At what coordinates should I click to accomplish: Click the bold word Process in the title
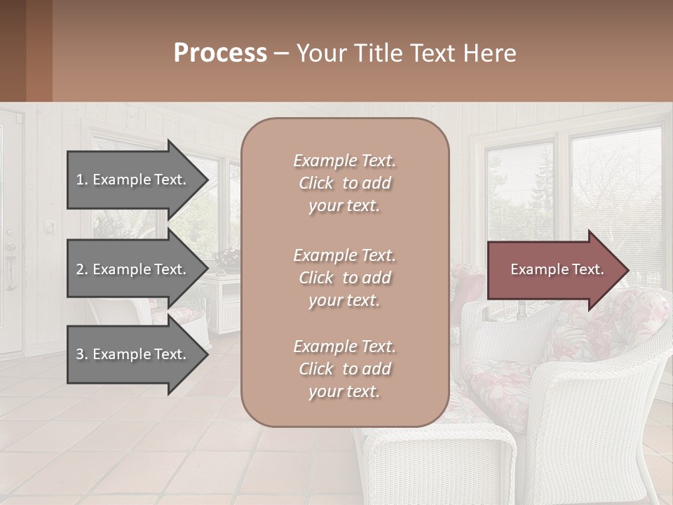(x=220, y=53)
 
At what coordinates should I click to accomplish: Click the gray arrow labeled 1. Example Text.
(x=133, y=180)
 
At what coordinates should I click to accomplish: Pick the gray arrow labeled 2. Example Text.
(x=133, y=269)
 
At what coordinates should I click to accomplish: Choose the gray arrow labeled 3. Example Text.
(x=133, y=354)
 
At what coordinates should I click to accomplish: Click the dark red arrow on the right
(x=554, y=270)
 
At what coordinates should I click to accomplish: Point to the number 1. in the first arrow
(x=82, y=180)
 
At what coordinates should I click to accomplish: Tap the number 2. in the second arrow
(x=82, y=269)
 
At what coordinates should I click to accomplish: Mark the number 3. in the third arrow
(x=82, y=354)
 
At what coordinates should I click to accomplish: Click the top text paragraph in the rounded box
(x=344, y=183)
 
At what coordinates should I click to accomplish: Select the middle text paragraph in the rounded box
(x=344, y=277)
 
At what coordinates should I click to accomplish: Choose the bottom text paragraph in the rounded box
(x=344, y=369)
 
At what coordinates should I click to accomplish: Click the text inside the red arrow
(x=557, y=269)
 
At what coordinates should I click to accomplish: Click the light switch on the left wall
(x=50, y=226)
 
